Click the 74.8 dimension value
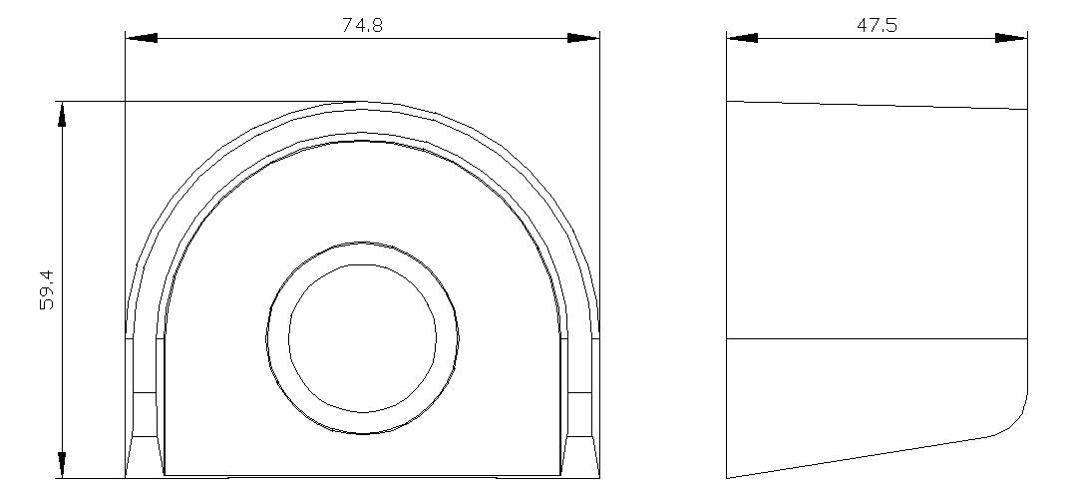point(362,25)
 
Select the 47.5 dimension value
point(877,25)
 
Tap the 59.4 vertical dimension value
point(47,289)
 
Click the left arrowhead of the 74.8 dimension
point(142,38)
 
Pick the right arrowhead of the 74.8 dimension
point(583,38)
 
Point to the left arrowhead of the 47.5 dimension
point(743,38)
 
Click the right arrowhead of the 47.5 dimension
point(1011,38)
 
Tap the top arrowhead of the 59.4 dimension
point(62,115)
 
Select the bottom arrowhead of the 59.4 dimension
point(62,465)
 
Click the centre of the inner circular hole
point(362,337)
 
